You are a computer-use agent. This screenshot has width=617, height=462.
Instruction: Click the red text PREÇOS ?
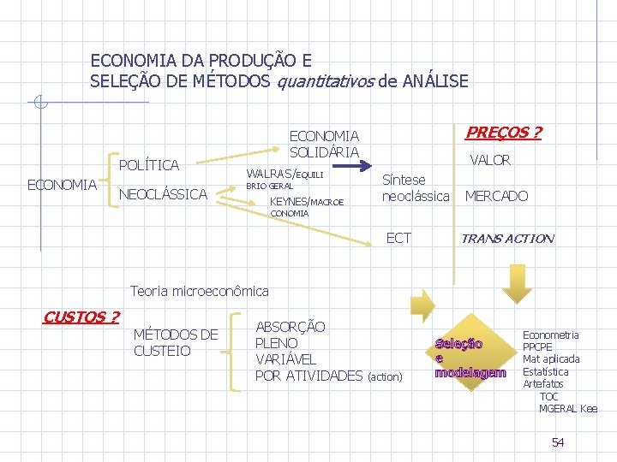pyautogui.click(x=502, y=133)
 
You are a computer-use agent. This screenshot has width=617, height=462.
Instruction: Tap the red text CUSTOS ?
pyautogui.click(x=81, y=317)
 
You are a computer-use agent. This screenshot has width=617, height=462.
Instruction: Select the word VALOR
pyautogui.click(x=489, y=160)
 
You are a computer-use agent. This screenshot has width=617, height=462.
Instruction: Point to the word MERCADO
pyautogui.click(x=496, y=196)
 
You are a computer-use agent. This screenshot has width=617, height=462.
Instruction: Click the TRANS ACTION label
pyautogui.click(x=507, y=239)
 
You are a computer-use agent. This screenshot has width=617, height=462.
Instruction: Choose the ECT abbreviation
pyautogui.click(x=398, y=238)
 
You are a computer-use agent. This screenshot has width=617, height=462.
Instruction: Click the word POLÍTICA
pyautogui.click(x=148, y=165)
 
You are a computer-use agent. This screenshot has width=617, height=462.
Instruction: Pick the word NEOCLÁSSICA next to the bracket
pyautogui.click(x=163, y=194)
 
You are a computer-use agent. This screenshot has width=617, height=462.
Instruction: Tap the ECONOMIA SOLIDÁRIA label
pyautogui.click(x=325, y=144)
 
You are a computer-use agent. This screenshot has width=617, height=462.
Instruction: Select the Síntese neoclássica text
pyautogui.click(x=416, y=188)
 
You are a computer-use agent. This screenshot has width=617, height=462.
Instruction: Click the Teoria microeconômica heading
pyautogui.click(x=199, y=292)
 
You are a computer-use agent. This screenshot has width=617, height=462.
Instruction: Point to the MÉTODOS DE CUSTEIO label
pyautogui.click(x=176, y=342)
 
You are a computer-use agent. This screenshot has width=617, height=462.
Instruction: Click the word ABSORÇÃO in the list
pyautogui.click(x=291, y=327)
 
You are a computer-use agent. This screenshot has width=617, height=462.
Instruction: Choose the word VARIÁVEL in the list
pyautogui.click(x=285, y=359)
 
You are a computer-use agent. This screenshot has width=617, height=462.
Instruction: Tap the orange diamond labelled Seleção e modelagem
pyautogui.click(x=470, y=358)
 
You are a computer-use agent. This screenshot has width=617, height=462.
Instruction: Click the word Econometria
pyautogui.click(x=550, y=335)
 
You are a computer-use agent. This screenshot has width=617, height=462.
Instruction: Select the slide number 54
pyautogui.click(x=558, y=442)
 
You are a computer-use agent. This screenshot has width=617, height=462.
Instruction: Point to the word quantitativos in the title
pyautogui.click(x=324, y=82)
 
